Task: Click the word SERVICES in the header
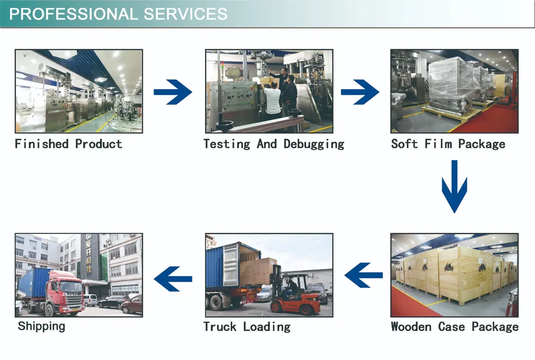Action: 185,14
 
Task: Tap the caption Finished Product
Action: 69,144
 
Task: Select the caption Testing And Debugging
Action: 273,144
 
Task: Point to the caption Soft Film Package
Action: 448,144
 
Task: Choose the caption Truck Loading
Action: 247,327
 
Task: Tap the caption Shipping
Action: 41,326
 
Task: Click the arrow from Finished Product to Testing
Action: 173,92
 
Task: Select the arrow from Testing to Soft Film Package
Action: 360,92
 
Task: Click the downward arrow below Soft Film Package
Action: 454,186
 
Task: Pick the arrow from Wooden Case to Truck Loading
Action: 363,276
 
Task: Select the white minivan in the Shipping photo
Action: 90,300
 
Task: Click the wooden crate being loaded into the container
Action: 257,271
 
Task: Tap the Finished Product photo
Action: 79,91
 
